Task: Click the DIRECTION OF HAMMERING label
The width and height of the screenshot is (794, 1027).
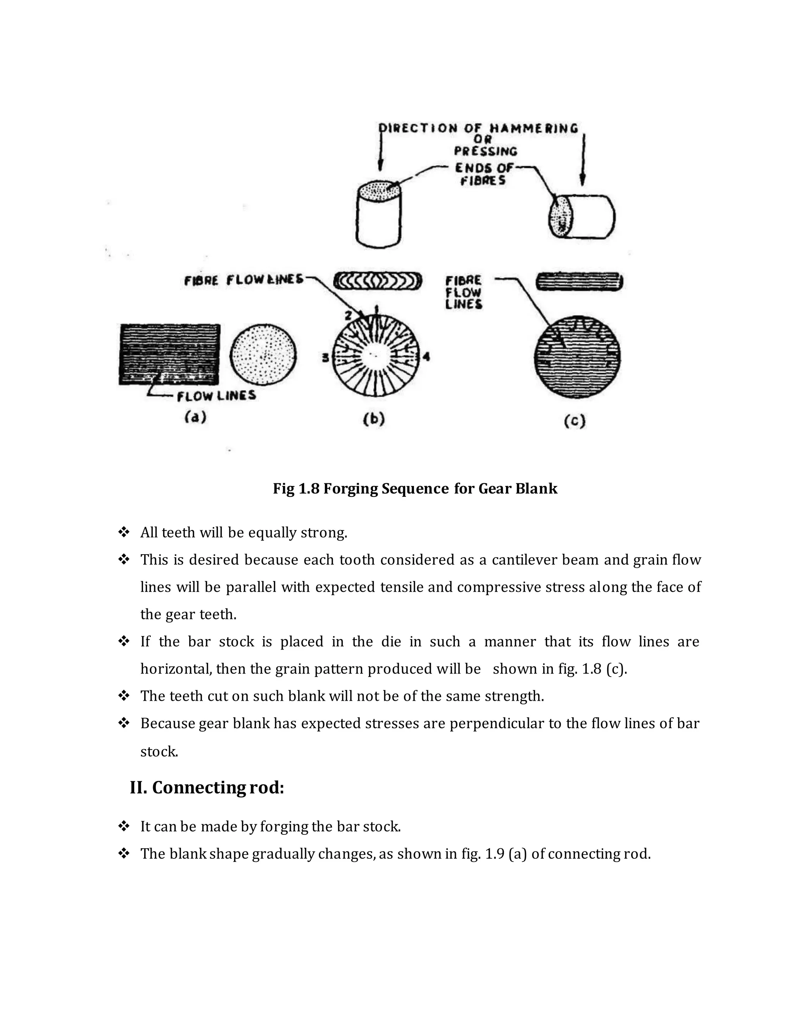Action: [479, 128]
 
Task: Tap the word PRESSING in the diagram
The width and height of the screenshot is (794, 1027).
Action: [485, 152]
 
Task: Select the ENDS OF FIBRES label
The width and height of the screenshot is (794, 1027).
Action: [483, 174]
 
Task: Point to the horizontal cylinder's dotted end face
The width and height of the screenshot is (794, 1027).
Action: [561, 217]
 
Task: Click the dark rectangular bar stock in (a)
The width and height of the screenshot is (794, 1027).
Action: [169, 354]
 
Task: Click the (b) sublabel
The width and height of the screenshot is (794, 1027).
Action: [374, 419]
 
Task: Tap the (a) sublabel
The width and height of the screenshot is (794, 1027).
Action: [195, 417]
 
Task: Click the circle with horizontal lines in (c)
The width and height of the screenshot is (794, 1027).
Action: [577, 357]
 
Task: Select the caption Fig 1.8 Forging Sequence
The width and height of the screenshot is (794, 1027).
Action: [415, 489]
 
